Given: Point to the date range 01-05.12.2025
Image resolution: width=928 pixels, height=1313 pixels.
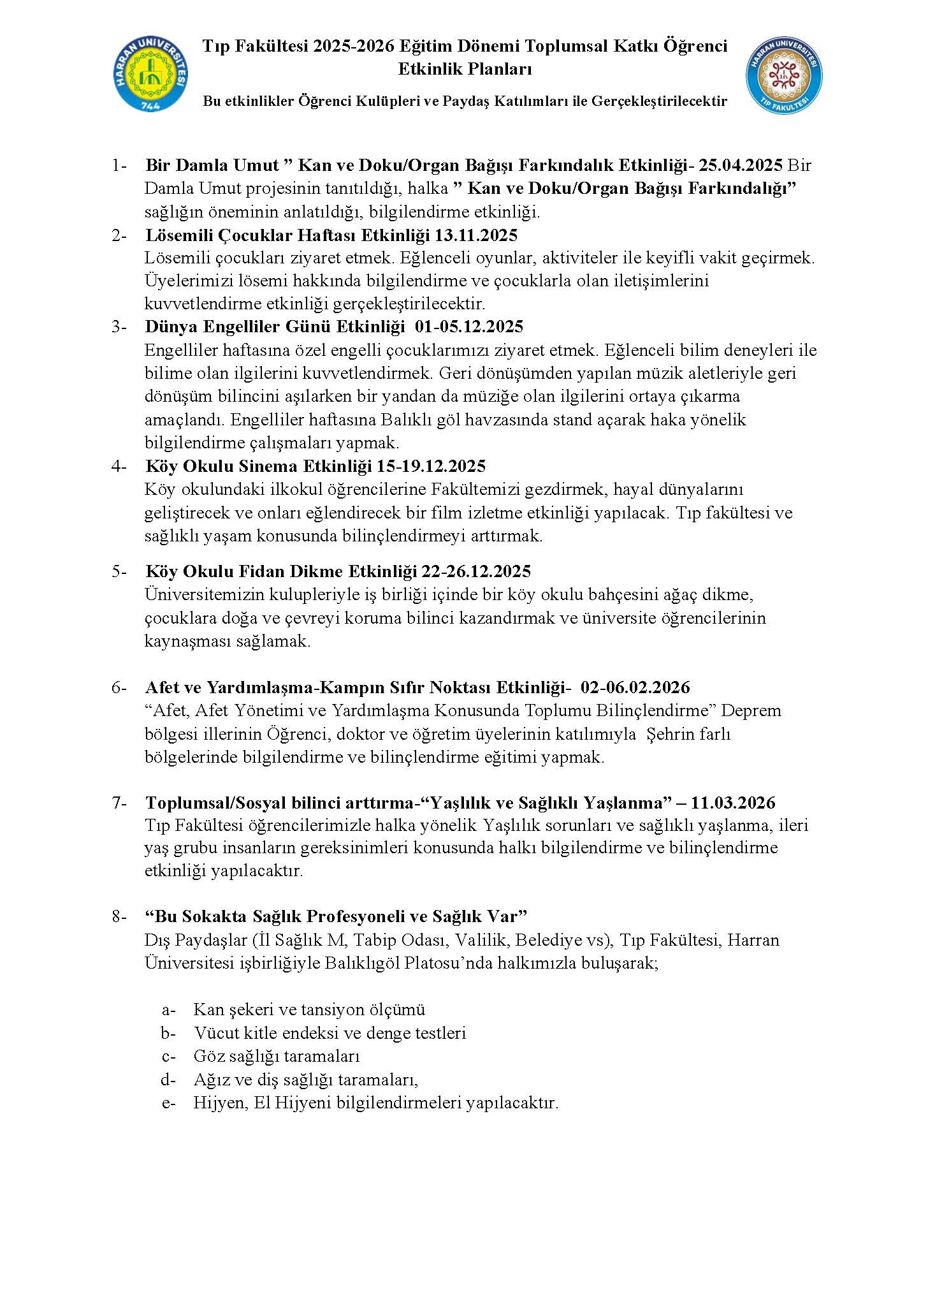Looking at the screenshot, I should click(x=468, y=327).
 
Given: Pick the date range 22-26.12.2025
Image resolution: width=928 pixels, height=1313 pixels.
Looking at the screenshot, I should click(x=476, y=571).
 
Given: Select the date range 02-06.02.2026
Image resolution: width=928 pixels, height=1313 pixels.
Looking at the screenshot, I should click(x=635, y=687).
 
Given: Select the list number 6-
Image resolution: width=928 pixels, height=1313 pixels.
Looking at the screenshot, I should click(x=120, y=687).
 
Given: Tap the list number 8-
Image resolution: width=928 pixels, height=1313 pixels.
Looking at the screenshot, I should click(x=120, y=917).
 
